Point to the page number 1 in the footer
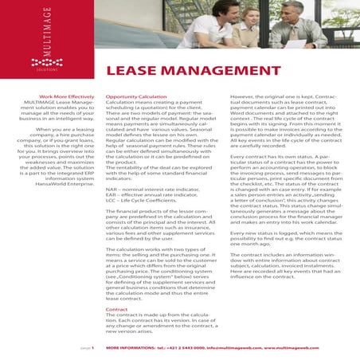pyautogui.click(x=93, y=348)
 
